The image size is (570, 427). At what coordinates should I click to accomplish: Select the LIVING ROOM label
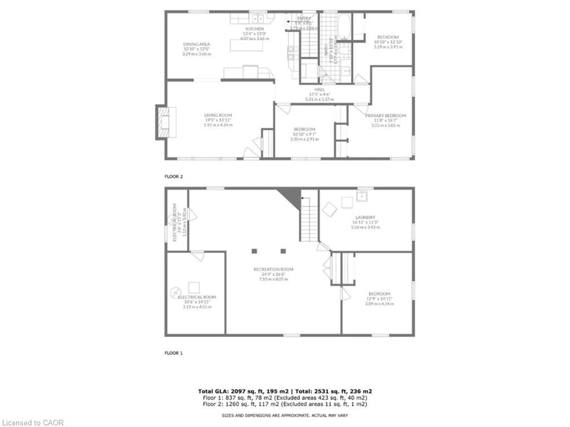pyautogui.click(x=218, y=115)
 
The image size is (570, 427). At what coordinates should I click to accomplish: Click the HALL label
pyautogui.click(x=320, y=89)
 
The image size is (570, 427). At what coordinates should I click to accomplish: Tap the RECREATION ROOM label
pyautogui.click(x=273, y=269)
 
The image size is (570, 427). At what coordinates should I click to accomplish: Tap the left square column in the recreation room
pyautogui.click(x=254, y=251)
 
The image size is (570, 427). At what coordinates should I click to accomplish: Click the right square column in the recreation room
pyautogui.click(x=283, y=251)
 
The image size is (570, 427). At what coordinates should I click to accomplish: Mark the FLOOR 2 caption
pyautogui.click(x=173, y=177)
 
